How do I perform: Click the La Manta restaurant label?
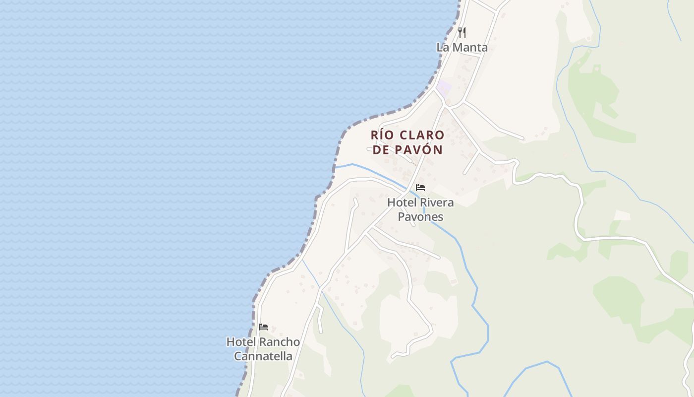click(462, 48)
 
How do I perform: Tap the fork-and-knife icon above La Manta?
click(462, 33)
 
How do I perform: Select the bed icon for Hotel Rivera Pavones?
click(420, 188)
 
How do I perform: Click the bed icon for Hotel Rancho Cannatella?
click(263, 327)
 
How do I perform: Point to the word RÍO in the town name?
click(381, 135)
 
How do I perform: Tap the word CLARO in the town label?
click(422, 135)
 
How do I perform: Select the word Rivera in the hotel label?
click(437, 202)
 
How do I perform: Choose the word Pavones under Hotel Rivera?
click(420, 217)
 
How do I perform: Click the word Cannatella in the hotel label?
click(263, 356)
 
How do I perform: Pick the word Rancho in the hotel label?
click(280, 342)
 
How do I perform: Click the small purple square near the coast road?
click(444, 87)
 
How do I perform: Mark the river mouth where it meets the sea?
click(336, 167)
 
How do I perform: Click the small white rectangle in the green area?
click(622, 215)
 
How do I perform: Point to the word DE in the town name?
click(381, 149)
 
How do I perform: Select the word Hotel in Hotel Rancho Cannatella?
click(241, 342)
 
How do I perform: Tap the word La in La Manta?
click(442, 48)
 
